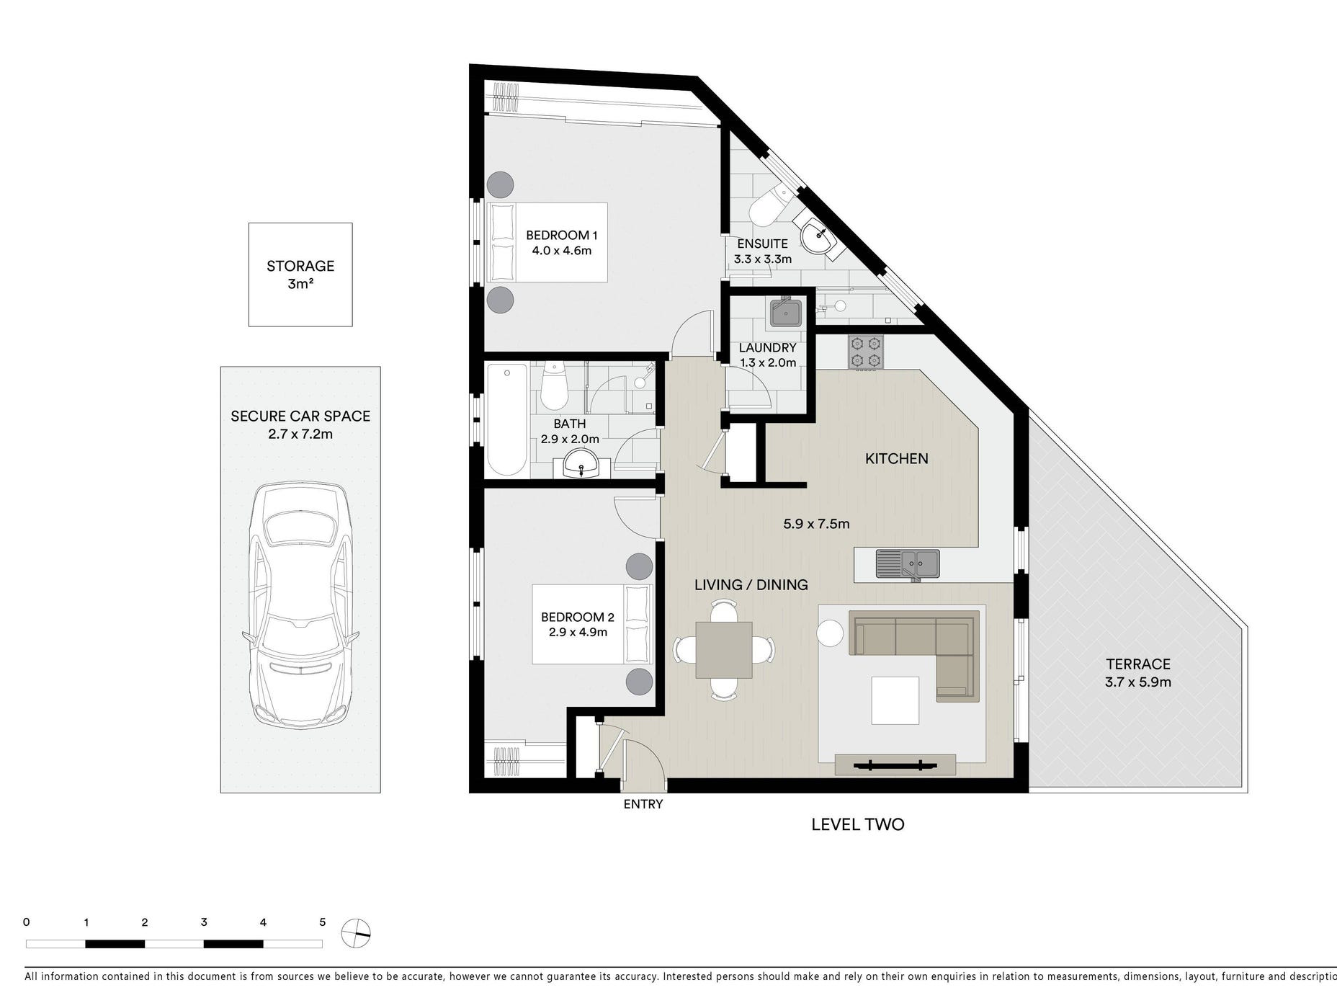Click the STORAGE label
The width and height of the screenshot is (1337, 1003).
(x=300, y=266)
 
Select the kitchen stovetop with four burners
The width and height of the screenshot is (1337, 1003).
(x=866, y=352)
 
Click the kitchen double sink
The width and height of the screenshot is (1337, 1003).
(x=908, y=564)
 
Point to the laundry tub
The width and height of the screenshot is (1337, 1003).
(x=786, y=313)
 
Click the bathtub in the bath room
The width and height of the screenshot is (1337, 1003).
(x=507, y=419)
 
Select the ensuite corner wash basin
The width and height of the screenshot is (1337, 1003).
(x=819, y=234)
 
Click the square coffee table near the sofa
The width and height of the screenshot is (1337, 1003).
(x=895, y=700)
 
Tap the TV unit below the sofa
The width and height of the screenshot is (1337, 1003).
(x=895, y=764)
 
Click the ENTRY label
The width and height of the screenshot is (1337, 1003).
(x=643, y=804)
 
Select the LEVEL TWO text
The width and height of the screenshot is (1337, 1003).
(x=858, y=824)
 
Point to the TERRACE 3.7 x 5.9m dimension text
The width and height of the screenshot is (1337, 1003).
(x=1138, y=682)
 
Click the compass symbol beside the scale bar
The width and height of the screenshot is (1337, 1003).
(x=356, y=934)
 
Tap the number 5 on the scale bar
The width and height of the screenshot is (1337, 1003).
(x=323, y=922)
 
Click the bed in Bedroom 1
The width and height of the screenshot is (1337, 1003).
(x=547, y=242)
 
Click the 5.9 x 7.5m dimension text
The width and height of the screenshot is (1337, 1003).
(x=816, y=524)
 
